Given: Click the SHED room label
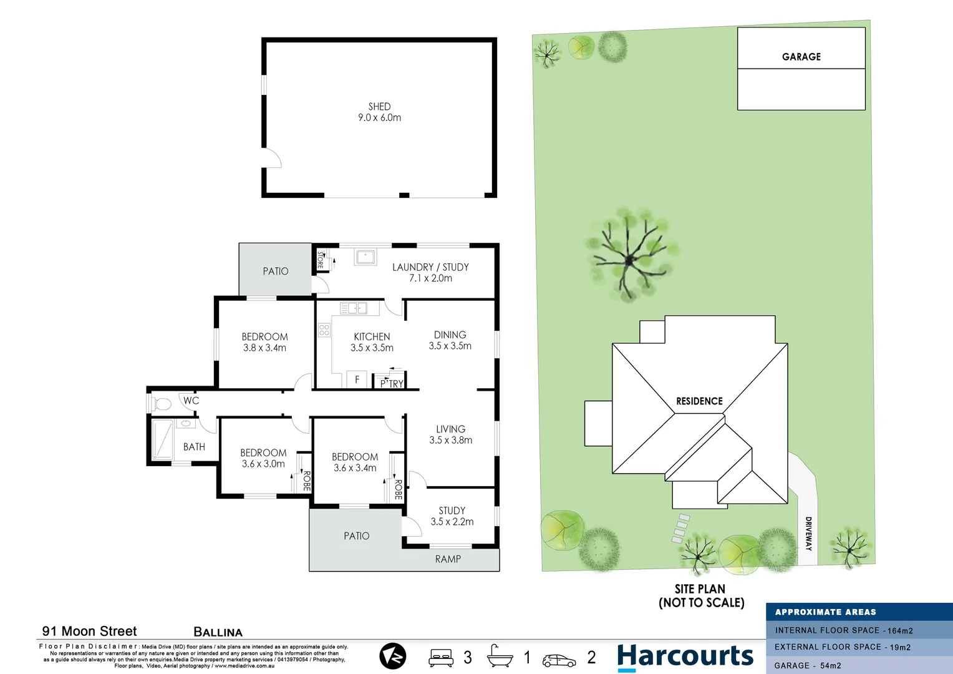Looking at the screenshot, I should point(379,107).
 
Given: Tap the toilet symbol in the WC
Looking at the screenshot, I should point(162,404).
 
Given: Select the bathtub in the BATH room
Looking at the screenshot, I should point(163,439).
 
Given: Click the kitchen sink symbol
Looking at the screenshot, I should point(353,308).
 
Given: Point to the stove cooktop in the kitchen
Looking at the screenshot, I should point(324,330).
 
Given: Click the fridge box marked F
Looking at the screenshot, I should point(357,379).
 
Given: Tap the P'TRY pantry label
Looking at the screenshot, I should point(392,384).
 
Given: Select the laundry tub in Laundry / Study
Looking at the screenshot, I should point(365,256).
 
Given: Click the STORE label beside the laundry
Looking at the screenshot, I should point(320,260).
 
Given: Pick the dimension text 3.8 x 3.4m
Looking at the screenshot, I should point(264,348).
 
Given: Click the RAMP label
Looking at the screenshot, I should point(448,559).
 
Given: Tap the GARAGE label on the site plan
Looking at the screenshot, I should point(801,57).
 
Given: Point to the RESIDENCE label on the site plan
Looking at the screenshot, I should point(699,401).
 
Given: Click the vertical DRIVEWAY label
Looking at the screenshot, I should point(808,533).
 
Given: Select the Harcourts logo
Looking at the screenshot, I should point(685,657).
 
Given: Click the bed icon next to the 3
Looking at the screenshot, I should point(440,658).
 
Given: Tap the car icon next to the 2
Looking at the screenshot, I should point(559,660).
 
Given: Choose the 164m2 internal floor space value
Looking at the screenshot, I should point(900,631).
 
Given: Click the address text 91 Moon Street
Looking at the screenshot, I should point(89,631).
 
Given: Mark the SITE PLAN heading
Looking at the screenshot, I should point(700,589).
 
